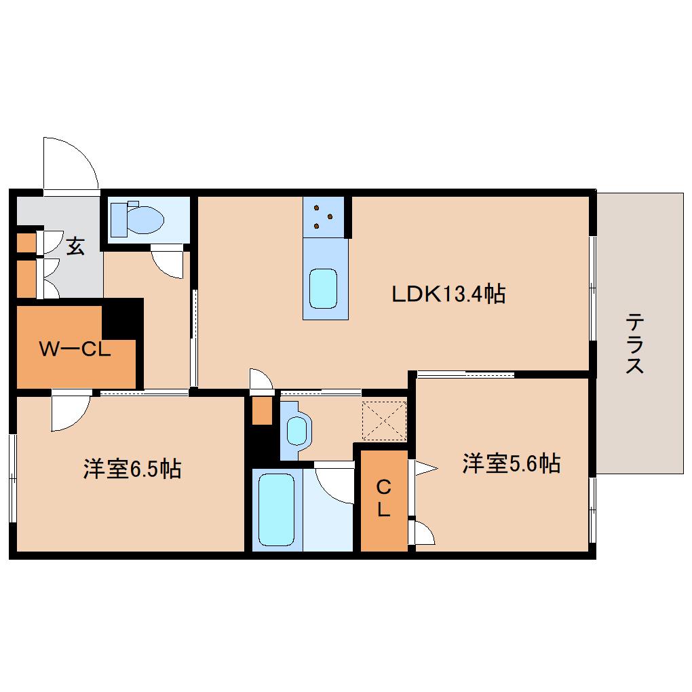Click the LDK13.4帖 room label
[448, 294]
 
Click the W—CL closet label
[75, 350]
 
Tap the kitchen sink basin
[323, 288]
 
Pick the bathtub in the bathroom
[277, 509]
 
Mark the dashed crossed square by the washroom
[384, 421]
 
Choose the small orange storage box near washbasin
[262, 410]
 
